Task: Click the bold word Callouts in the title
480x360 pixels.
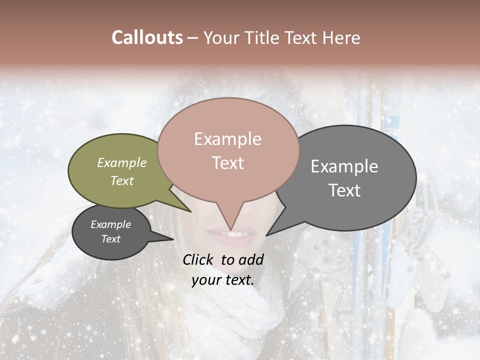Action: coord(147,37)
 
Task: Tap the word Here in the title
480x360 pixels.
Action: coord(342,38)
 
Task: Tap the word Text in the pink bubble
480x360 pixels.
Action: coord(228,162)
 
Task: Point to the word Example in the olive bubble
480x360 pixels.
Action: coord(122,162)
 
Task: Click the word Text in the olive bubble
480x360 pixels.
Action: coord(122,180)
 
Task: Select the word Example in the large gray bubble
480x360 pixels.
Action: coord(344,166)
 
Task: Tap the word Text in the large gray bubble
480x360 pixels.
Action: coord(345,190)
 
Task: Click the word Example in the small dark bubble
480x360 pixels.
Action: coord(110,224)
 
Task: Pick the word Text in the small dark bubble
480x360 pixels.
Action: coord(110,238)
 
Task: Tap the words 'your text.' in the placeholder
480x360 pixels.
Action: coord(223,280)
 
